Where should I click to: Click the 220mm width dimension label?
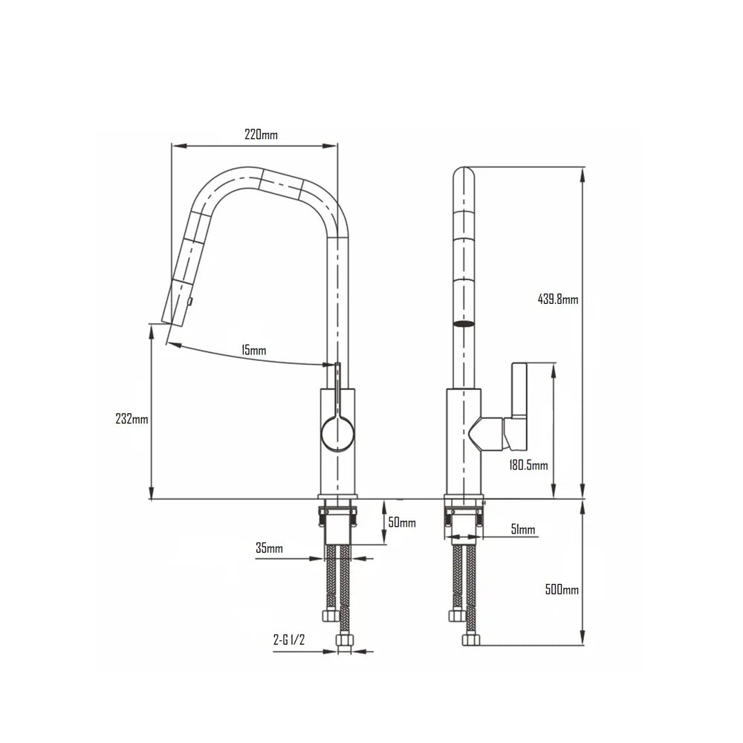[x=261, y=134]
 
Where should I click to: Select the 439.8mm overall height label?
[x=557, y=299]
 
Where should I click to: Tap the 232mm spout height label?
[x=133, y=419]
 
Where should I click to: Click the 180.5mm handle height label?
[x=528, y=466]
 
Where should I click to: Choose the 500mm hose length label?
[x=562, y=589]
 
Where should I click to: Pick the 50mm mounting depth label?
[x=402, y=523]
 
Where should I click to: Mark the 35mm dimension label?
[x=269, y=548]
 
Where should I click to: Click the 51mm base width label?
[x=522, y=530]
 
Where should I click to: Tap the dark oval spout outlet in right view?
[x=464, y=324]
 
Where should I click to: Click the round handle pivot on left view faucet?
[x=337, y=433]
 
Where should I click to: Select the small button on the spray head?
[x=191, y=300]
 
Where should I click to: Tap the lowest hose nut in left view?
[x=344, y=640]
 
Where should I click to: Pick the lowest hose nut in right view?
[x=469, y=640]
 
